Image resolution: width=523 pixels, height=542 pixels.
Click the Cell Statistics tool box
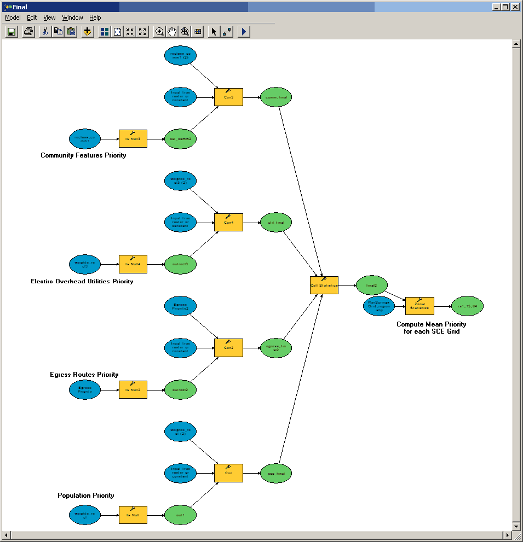click(324, 285)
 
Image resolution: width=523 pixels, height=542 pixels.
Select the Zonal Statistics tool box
click(419, 306)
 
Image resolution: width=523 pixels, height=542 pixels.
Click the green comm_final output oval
click(275, 97)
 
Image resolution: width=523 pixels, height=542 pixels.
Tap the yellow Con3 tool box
click(228, 97)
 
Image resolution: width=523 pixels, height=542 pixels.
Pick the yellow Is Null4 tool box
click(133, 264)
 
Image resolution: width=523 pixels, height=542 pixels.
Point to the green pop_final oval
click(275, 473)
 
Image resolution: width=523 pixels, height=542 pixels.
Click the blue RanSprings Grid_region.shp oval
click(379, 306)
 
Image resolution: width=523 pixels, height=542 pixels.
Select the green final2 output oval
click(372, 285)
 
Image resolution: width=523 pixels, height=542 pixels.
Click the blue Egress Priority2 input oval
click(180, 306)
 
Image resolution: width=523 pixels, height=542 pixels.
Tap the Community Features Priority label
click(83, 155)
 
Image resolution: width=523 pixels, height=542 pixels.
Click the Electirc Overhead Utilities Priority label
click(82, 281)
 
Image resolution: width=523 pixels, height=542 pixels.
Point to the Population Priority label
click(86, 496)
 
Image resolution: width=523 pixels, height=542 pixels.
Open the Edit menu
click(32, 18)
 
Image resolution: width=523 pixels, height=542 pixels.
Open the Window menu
click(72, 18)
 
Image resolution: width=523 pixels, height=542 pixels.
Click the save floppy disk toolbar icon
click(11, 31)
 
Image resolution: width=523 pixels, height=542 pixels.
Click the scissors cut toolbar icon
click(45, 31)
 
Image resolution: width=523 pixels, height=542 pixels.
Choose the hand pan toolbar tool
click(173, 31)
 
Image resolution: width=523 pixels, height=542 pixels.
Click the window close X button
click(515, 7)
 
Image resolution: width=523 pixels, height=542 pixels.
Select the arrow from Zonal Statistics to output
click(442, 307)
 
